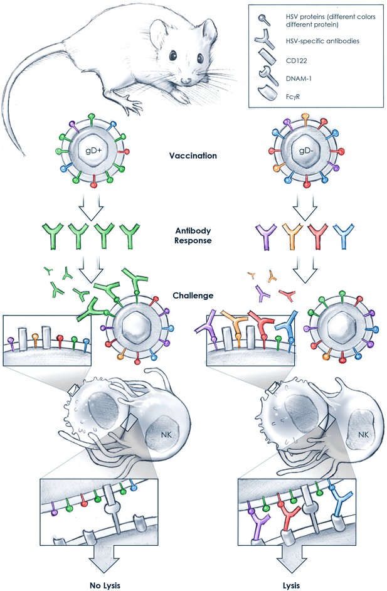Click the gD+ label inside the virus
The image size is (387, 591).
tap(94, 151)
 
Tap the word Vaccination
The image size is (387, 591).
tap(193, 156)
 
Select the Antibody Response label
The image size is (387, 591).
tap(193, 235)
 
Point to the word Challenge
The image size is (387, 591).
tap(193, 295)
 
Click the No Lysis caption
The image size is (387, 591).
tap(105, 585)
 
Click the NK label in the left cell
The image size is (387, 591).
tap(166, 435)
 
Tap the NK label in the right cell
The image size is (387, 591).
tap(363, 435)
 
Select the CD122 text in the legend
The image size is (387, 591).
tap(297, 60)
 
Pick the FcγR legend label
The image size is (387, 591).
tap(293, 97)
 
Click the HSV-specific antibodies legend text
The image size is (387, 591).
tap(322, 41)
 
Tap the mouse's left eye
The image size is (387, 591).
tap(173, 55)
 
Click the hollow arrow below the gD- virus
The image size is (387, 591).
tap(305, 208)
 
